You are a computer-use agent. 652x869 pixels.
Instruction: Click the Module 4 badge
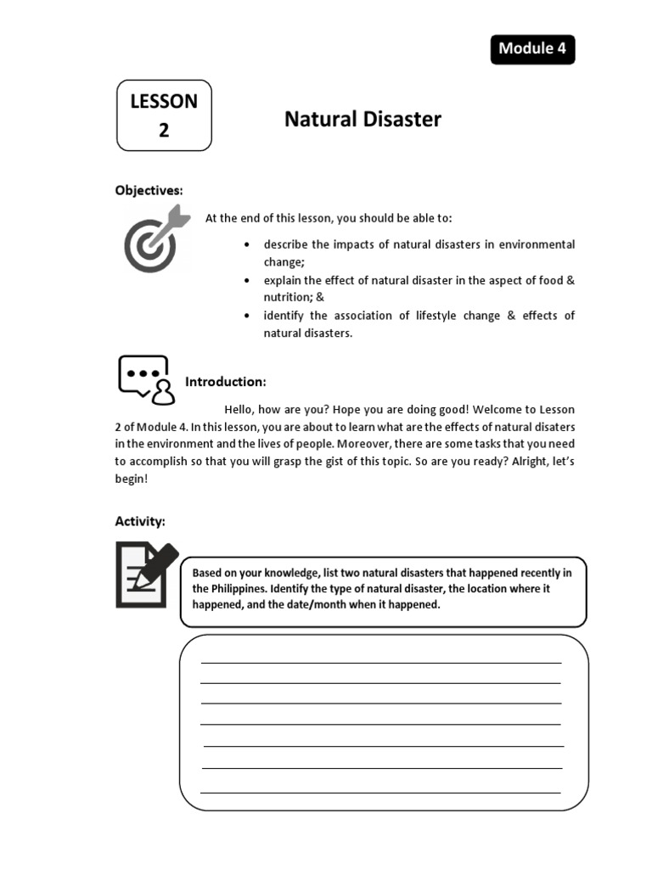point(532,49)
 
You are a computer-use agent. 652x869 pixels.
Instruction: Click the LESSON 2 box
point(164,115)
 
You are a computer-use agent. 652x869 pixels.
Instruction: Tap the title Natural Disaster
point(363,120)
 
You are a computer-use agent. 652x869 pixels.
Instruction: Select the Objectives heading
point(149,190)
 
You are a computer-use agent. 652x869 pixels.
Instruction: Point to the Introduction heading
point(226,382)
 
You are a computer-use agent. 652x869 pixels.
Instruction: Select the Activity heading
point(140,521)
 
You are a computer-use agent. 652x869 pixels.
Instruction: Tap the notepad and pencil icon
point(147,575)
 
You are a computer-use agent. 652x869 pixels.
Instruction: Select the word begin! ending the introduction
point(132,479)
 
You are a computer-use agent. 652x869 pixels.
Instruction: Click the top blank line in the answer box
point(380,662)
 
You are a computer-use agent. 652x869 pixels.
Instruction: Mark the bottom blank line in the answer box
point(380,792)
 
